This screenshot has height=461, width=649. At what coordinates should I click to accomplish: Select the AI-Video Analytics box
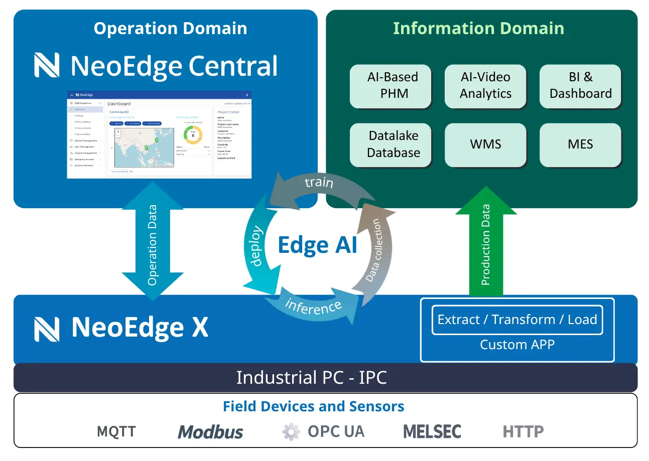click(485, 86)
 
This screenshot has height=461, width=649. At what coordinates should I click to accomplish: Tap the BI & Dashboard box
click(580, 86)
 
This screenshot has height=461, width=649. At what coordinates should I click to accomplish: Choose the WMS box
click(485, 144)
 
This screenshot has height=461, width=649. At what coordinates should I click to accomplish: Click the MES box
click(580, 144)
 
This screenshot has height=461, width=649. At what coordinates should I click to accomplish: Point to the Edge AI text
click(317, 245)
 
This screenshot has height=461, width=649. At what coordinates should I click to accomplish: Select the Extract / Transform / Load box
click(517, 320)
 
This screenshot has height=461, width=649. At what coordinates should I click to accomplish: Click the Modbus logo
click(211, 431)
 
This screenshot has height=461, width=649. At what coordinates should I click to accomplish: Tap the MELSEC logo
click(432, 431)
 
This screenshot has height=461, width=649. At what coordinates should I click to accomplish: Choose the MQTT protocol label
click(116, 431)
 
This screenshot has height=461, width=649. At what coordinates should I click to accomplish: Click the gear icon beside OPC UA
click(291, 431)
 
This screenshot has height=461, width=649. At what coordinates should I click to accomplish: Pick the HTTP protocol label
click(523, 431)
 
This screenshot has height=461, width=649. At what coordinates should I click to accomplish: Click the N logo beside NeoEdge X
click(47, 329)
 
